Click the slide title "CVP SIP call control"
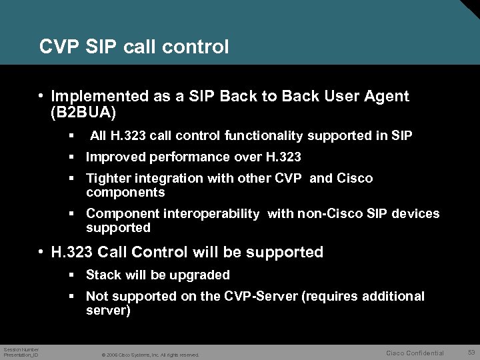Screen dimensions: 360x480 click(134, 47)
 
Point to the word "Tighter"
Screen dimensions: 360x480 click(109, 179)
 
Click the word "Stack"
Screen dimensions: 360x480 click(103, 275)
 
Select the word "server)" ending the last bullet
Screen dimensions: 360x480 click(108, 310)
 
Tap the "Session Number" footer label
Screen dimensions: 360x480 click(21, 349)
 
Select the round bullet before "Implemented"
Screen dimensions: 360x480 click(41, 97)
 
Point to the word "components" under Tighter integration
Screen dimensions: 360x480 click(125, 192)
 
